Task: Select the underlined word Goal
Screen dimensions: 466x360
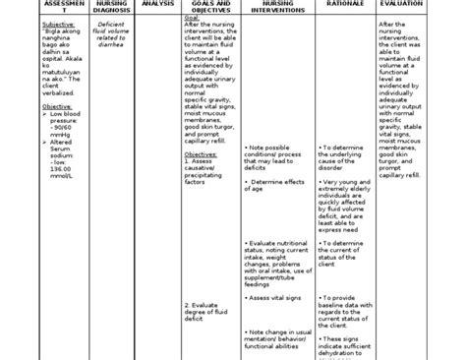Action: pyautogui.click(x=192, y=17)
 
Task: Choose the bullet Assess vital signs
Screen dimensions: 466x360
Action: pyautogui.click(x=280, y=269)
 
